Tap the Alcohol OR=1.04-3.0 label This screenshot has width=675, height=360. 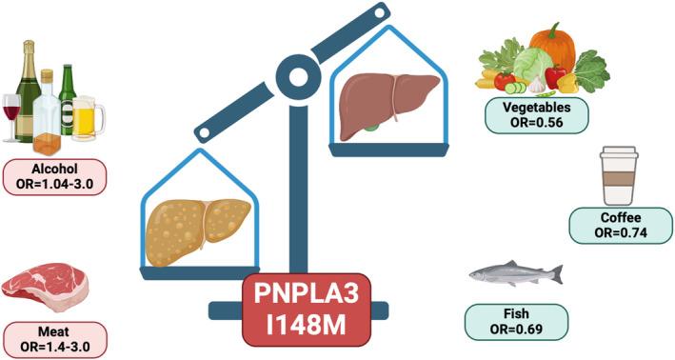click(x=54, y=176)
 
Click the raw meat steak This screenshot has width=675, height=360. click(x=45, y=283)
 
